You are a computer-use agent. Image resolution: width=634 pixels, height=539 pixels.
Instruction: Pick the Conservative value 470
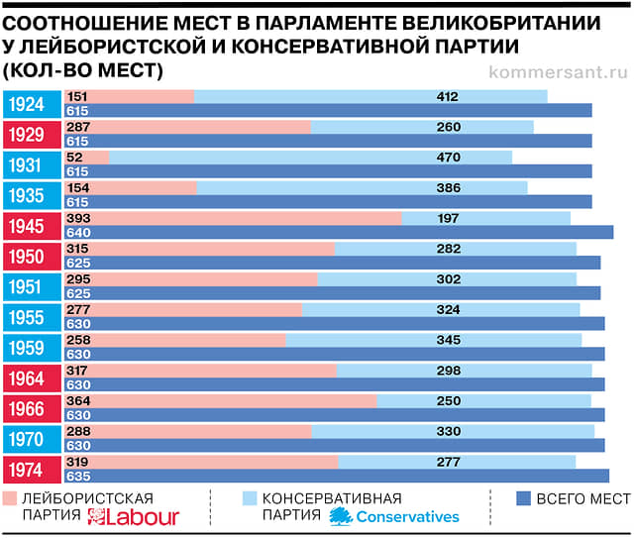pyautogui.click(x=448, y=157)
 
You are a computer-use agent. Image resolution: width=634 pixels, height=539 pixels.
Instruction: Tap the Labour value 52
pyautogui.click(x=74, y=157)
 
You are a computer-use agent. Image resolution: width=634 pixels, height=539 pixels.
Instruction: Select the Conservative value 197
pyautogui.click(x=448, y=218)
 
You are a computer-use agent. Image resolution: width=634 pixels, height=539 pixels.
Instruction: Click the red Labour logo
pyautogui.click(x=134, y=517)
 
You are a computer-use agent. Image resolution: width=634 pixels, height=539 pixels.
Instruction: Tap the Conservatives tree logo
pyautogui.click(x=341, y=515)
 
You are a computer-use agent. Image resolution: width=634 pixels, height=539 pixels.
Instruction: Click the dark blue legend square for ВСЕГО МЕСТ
pyautogui.click(x=523, y=497)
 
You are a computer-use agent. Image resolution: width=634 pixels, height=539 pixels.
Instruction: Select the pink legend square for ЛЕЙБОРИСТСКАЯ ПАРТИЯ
pyautogui.click(x=11, y=497)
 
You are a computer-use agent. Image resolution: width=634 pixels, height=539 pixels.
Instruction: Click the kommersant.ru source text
pyautogui.click(x=559, y=71)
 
